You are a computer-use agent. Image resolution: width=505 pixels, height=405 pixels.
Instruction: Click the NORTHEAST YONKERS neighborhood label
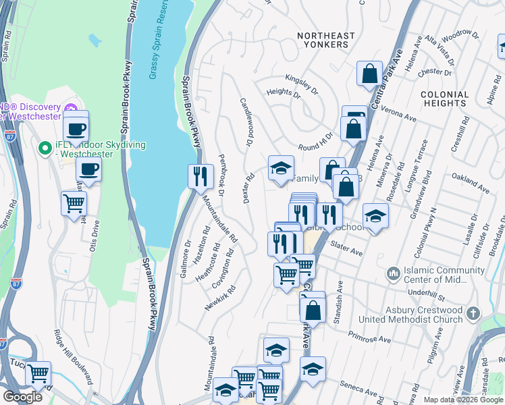325,40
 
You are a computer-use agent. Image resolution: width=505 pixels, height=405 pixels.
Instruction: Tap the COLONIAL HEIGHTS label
444,99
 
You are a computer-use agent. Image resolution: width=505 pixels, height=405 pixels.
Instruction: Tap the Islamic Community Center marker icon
392,274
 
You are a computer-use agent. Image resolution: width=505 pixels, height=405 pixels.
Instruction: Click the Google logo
22,397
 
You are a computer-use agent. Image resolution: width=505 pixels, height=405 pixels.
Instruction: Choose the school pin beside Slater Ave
375,216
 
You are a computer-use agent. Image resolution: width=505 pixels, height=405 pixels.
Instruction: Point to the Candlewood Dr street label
246,123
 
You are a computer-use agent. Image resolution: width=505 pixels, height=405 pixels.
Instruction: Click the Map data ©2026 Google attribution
463,400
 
